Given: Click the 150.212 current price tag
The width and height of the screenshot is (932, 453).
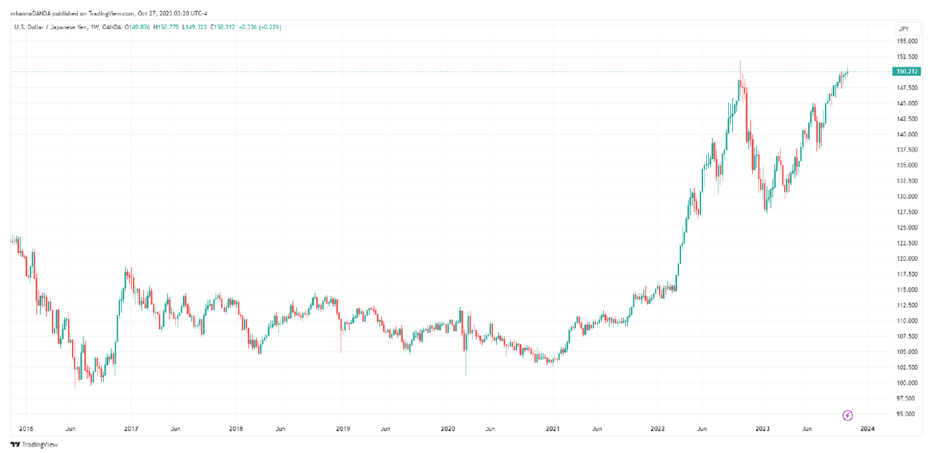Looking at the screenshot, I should [907, 71].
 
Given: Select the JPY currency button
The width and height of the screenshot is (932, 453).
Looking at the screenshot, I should [903, 29].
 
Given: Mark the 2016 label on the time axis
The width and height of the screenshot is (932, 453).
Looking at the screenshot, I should [27, 430].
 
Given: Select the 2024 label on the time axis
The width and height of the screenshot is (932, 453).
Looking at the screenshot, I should [867, 430].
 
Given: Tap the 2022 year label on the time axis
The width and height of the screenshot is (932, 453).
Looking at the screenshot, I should [658, 430].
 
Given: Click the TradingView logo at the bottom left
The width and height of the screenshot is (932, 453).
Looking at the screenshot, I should [34, 444].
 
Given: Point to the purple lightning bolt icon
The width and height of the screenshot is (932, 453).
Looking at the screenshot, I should [847, 416].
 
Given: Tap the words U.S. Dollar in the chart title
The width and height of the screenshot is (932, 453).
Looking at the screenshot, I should [28, 27].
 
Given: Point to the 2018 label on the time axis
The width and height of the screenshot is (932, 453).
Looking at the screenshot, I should [236, 430].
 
